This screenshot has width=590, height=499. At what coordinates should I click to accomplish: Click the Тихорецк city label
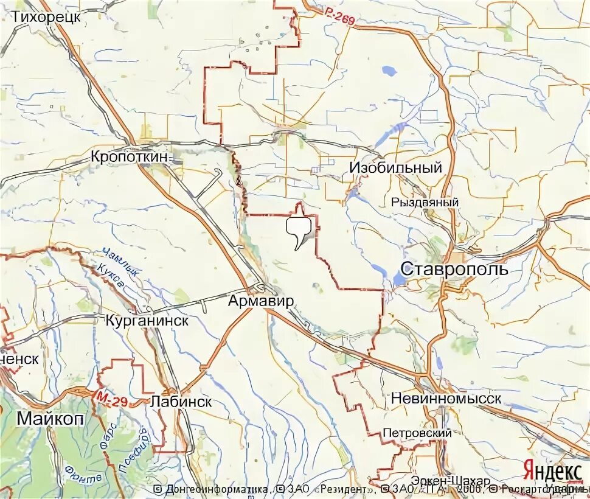pos(46,17)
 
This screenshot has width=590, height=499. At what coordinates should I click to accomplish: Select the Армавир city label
pos(262,301)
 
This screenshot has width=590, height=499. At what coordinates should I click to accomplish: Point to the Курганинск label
pos(147,320)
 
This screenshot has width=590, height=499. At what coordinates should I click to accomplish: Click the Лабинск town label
pos(181,402)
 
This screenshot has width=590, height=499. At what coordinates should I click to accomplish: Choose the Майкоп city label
pos(50,419)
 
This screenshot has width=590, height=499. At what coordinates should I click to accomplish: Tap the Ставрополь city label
pos(455,268)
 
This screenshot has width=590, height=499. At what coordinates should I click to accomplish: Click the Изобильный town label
pos(395,168)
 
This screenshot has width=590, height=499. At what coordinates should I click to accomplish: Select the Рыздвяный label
pos(425,203)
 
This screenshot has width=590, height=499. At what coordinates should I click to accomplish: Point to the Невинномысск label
pos(446,399)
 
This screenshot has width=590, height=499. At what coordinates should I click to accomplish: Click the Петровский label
pos(417,433)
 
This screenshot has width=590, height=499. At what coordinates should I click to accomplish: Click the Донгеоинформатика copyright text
pos(212,489)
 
